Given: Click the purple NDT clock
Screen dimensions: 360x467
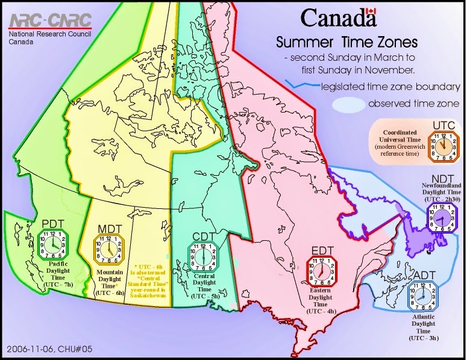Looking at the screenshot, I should click(442, 216).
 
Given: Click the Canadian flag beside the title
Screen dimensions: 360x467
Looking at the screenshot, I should click(371, 13).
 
